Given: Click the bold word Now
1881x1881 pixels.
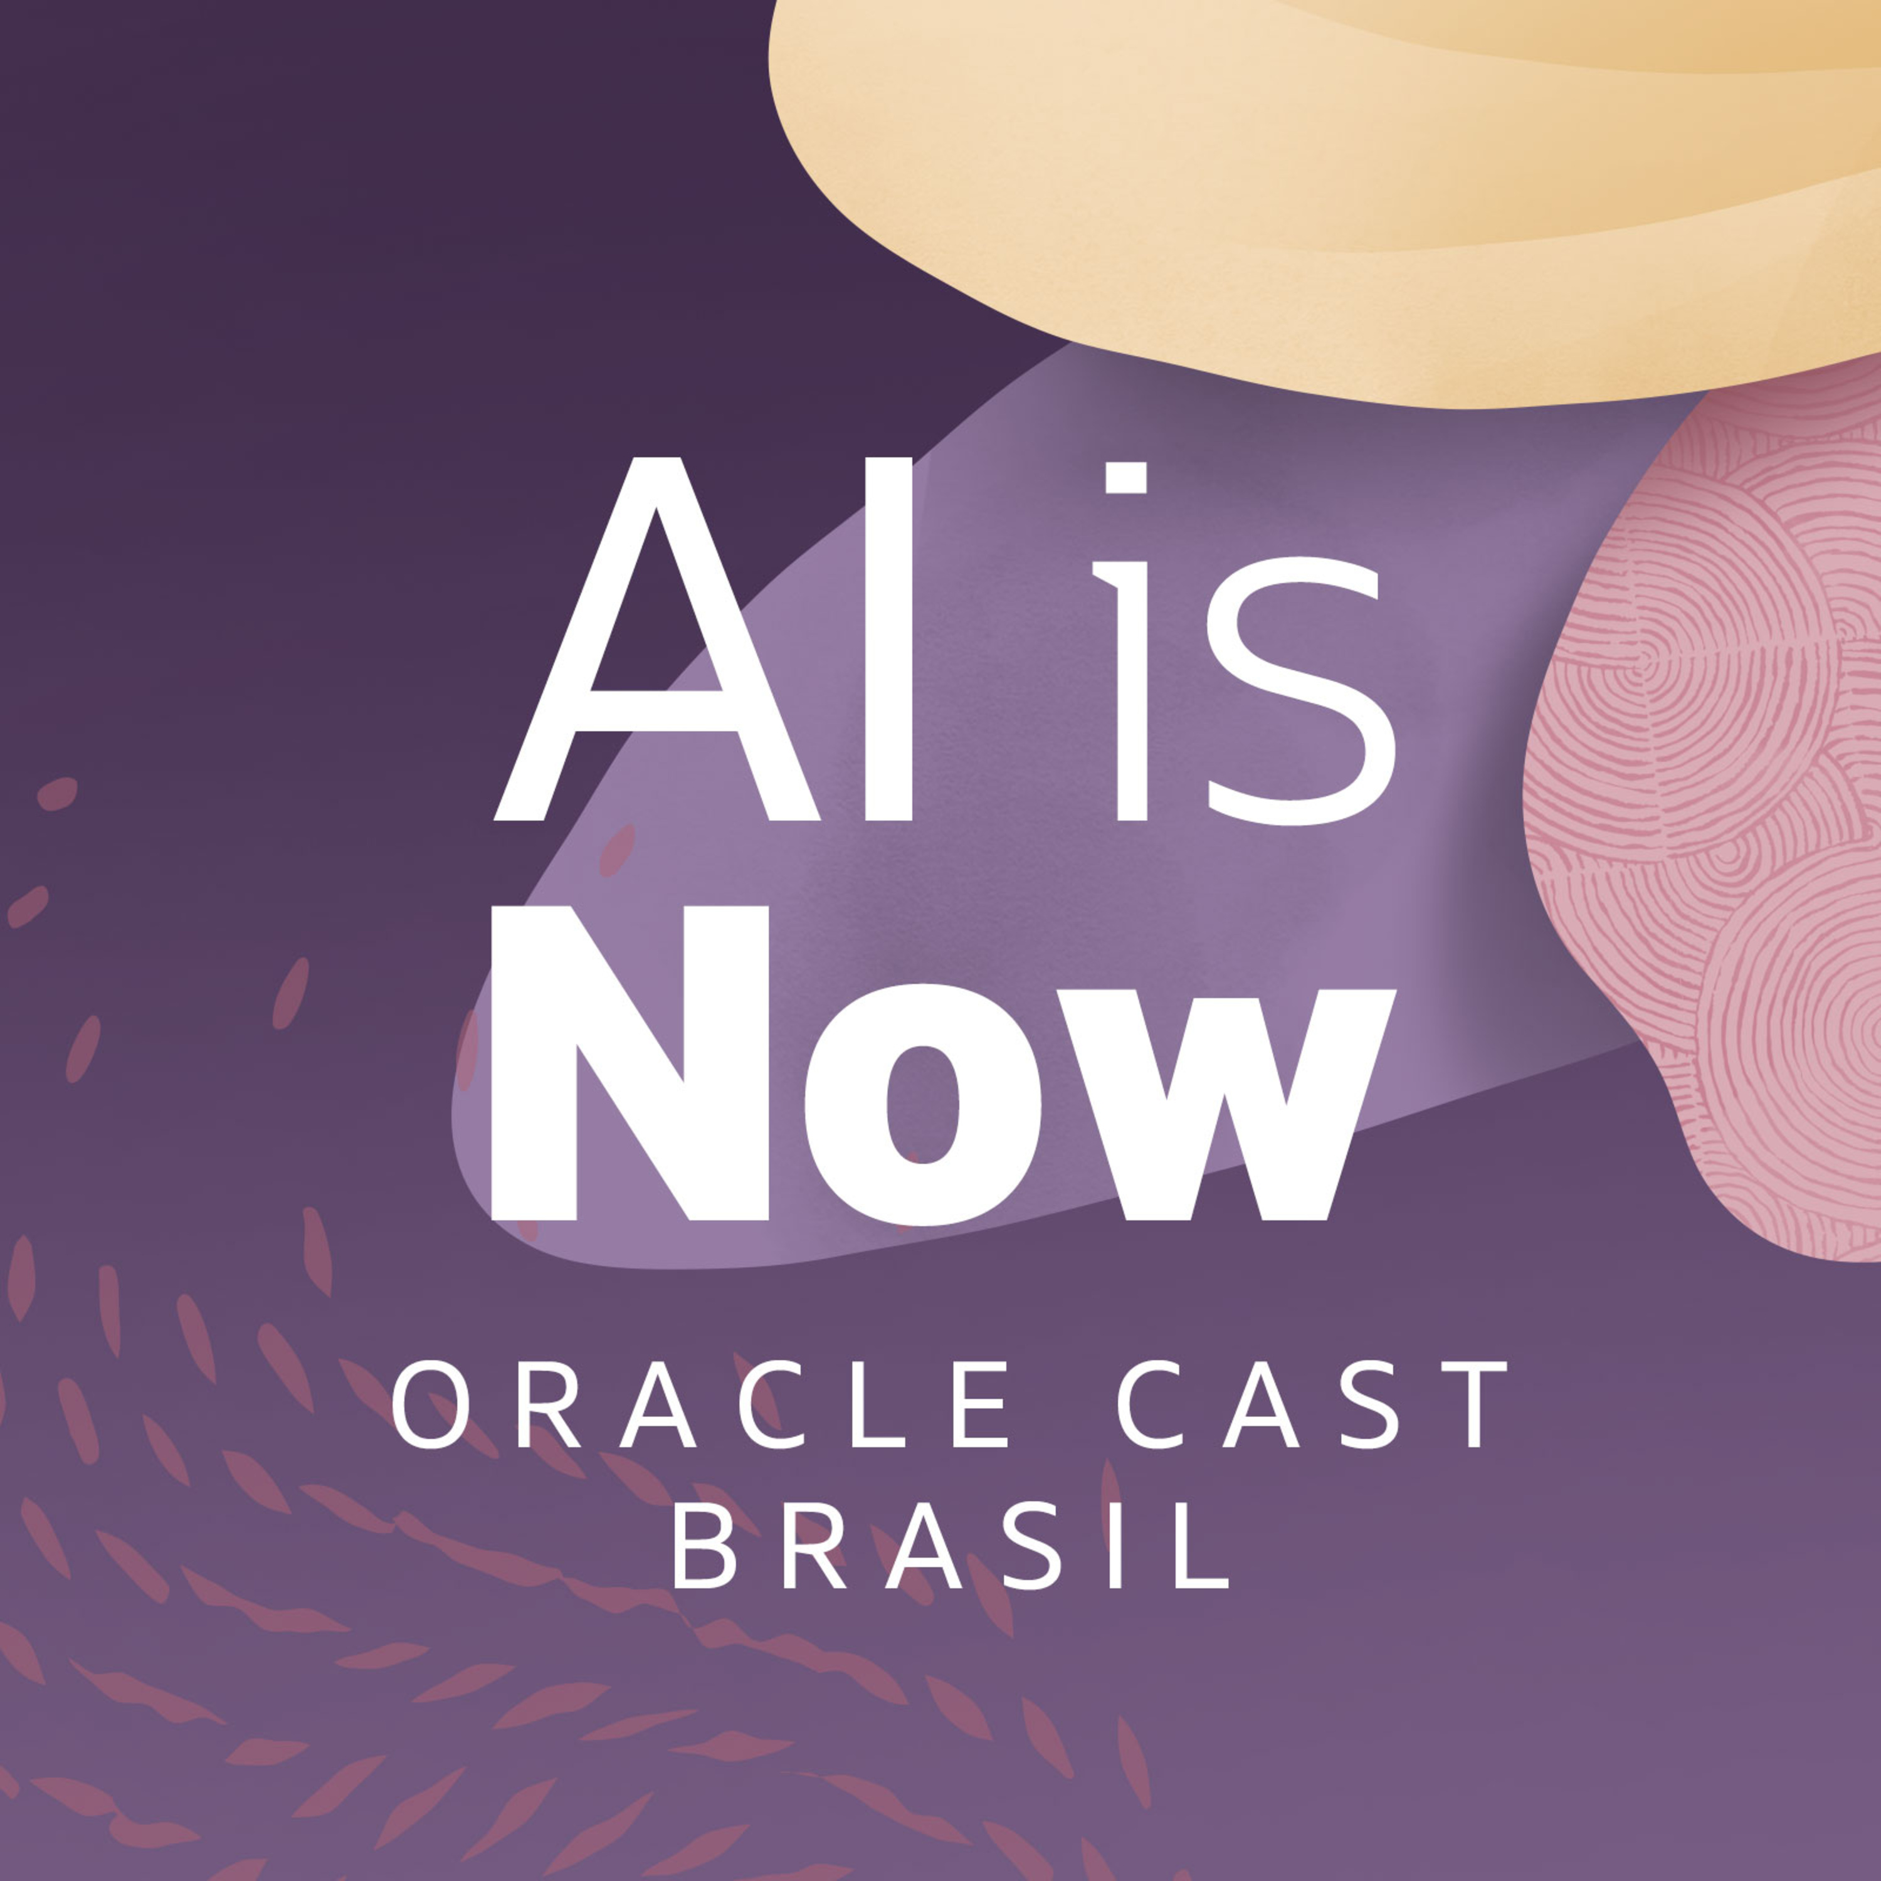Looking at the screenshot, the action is pos(942,1063).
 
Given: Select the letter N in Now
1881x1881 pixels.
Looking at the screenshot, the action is pos(630,1063).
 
